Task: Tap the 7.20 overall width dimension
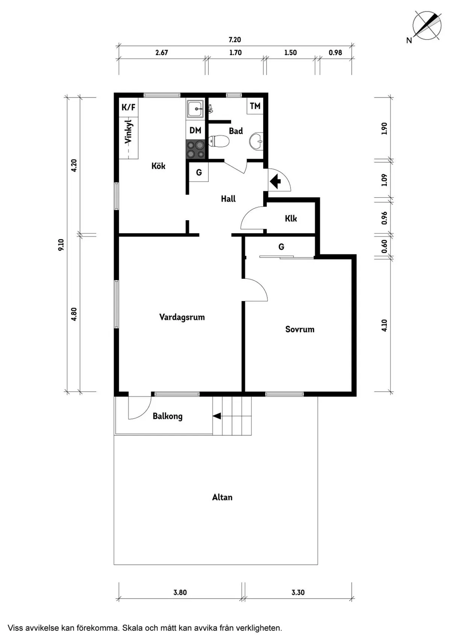click(235, 40)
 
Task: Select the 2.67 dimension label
click(162, 53)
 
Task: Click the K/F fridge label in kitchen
click(128, 107)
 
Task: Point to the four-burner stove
click(195, 149)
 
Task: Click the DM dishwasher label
click(195, 130)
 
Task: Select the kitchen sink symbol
click(195, 109)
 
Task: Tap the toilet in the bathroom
click(219, 142)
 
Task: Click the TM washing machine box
click(255, 106)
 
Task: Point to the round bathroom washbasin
click(257, 142)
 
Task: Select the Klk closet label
click(291, 219)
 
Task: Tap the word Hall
click(228, 199)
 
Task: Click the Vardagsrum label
click(182, 317)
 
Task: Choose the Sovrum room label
click(300, 330)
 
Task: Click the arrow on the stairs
click(217, 416)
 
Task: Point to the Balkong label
click(167, 416)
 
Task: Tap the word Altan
click(222, 497)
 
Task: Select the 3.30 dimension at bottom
click(298, 593)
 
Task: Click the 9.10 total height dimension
click(61, 245)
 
